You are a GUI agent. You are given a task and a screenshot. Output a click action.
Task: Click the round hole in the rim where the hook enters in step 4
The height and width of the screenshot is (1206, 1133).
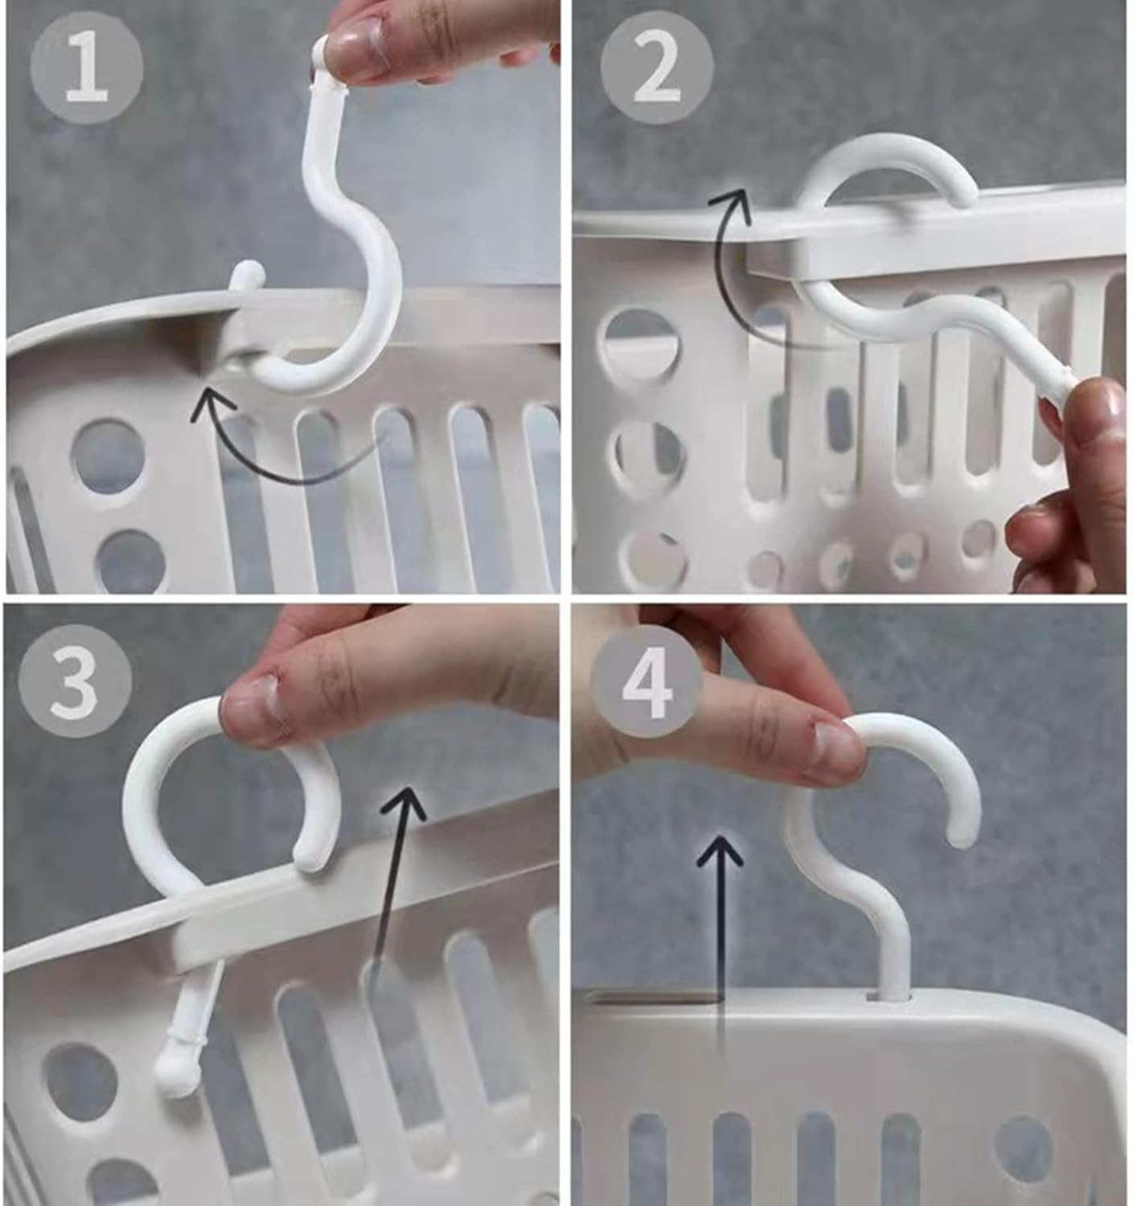point(891,997)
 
